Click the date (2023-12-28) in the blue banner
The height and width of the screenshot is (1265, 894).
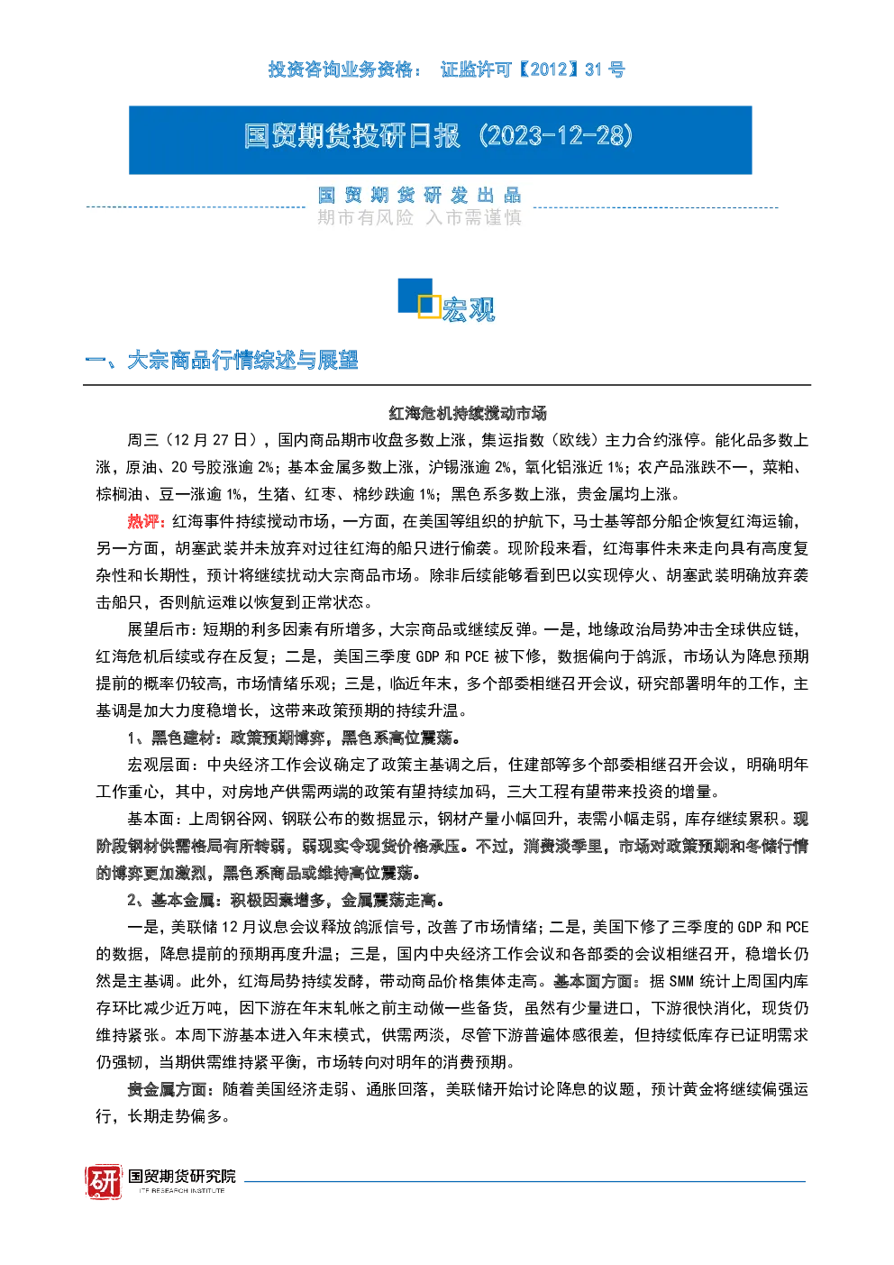[556, 136]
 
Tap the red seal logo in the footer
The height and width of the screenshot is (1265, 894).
[104, 1182]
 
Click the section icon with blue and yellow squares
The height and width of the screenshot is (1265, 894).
[419, 298]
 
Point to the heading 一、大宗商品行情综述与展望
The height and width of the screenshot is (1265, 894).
[221, 361]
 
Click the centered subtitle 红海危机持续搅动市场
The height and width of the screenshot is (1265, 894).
[468, 413]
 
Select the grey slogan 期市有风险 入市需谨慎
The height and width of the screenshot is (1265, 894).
[419, 217]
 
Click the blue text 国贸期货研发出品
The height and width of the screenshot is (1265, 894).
[419, 196]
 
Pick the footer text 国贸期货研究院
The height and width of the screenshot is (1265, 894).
[182, 1177]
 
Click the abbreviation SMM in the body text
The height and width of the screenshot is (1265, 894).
[681, 982]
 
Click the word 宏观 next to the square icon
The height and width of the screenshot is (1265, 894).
[469, 309]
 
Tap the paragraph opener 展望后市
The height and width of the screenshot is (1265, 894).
[160, 629]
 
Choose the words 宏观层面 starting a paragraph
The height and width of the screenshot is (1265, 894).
[160, 765]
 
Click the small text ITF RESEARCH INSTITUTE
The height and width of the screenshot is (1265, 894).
[182, 1191]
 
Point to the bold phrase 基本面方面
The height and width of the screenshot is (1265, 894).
[592, 982]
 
